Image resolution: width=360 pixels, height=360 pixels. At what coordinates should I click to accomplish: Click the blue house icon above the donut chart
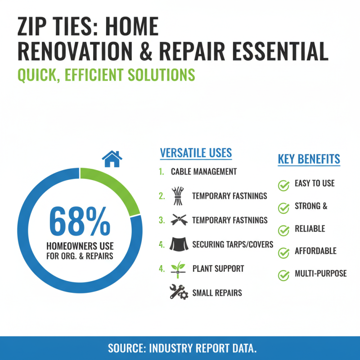pos(112,159)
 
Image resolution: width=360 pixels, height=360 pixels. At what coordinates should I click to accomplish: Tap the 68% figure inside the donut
pos(80,221)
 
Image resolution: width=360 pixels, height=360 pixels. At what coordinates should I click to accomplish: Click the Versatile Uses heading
pos(196,153)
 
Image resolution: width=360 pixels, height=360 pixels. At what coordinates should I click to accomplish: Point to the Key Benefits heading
pos(309,159)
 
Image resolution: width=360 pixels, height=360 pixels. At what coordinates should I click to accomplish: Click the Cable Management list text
pos(203,172)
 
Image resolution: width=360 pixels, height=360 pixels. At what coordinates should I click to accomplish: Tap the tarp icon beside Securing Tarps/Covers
pos(178,244)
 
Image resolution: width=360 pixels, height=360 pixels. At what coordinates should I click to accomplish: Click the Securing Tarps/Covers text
pos(232,244)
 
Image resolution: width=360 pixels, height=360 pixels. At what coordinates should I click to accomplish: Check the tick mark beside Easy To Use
pos(283,184)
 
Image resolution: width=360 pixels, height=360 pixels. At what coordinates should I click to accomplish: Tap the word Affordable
pos(315,251)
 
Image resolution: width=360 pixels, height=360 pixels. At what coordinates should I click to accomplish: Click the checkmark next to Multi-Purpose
pos(283,274)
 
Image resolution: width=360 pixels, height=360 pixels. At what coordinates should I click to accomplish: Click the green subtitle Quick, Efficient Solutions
pos(106,74)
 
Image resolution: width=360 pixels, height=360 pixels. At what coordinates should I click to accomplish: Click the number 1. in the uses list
pos(161,172)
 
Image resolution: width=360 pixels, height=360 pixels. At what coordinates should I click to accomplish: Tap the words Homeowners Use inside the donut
pos(80,247)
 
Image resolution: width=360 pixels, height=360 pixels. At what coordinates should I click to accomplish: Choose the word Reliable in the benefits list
pos(310,229)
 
